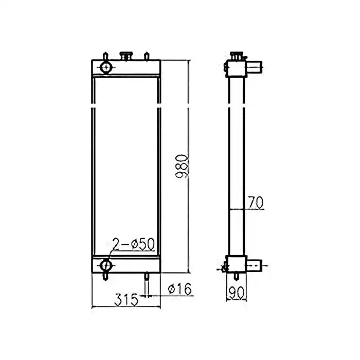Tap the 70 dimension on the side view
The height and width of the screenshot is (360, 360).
pyautogui.click(x=256, y=203)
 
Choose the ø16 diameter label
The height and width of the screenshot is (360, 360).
pyautogui.click(x=180, y=291)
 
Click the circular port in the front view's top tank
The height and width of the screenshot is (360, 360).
pyautogui.click(x=106, y=67)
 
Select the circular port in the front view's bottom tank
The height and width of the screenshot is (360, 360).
pyautogui.click(x=106, y=265)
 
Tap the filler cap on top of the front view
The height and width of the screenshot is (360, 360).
pyautogui.click(x=125, y=56)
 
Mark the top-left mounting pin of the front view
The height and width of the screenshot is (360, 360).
pyautogui.click(x=105, y=56)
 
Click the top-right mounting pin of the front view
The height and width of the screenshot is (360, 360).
pyautogui.click(x=147, y=56)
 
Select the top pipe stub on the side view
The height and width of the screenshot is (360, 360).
pyautogui.click(x=255, y=66)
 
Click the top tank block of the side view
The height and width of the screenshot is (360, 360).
pyautogui.click(x=236, y=67)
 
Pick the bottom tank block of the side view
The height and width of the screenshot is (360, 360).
pyautogui.click(x=236, y=265)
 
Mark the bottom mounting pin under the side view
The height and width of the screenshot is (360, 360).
pyautogui.click(x=224, y=267)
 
